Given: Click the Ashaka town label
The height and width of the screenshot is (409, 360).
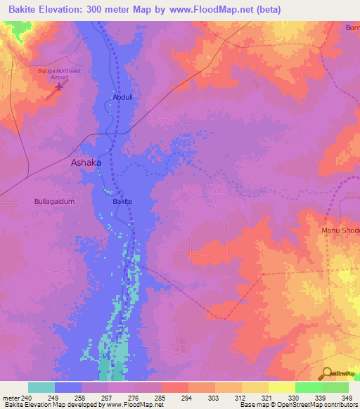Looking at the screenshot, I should (x=86, y=162).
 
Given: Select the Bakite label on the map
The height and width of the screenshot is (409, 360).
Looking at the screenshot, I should (x=123, y=201).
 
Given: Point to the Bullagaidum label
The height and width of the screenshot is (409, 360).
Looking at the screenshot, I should (x=54, y=201).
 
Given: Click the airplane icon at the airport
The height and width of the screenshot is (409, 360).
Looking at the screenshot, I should (x=59, y=87).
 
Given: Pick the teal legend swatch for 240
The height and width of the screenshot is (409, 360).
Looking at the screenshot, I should (x=41, y=387).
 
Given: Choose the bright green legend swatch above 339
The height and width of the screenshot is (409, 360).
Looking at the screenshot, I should (x=308, y=387).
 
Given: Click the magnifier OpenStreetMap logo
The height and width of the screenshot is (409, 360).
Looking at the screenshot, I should (x=327, y=374).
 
